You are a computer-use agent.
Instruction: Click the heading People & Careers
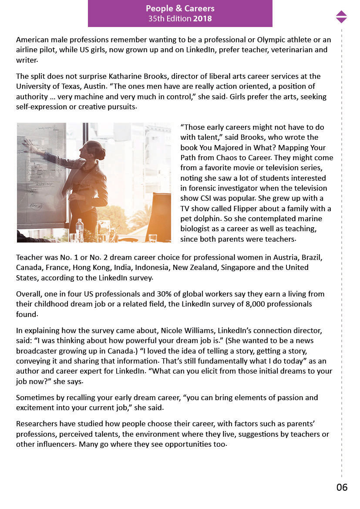[180, 9]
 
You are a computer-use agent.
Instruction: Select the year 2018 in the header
[202, 19]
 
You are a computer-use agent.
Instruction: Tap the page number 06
[342, 487]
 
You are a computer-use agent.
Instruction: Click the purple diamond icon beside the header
[341, 17]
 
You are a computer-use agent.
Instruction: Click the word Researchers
[37, 424]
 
